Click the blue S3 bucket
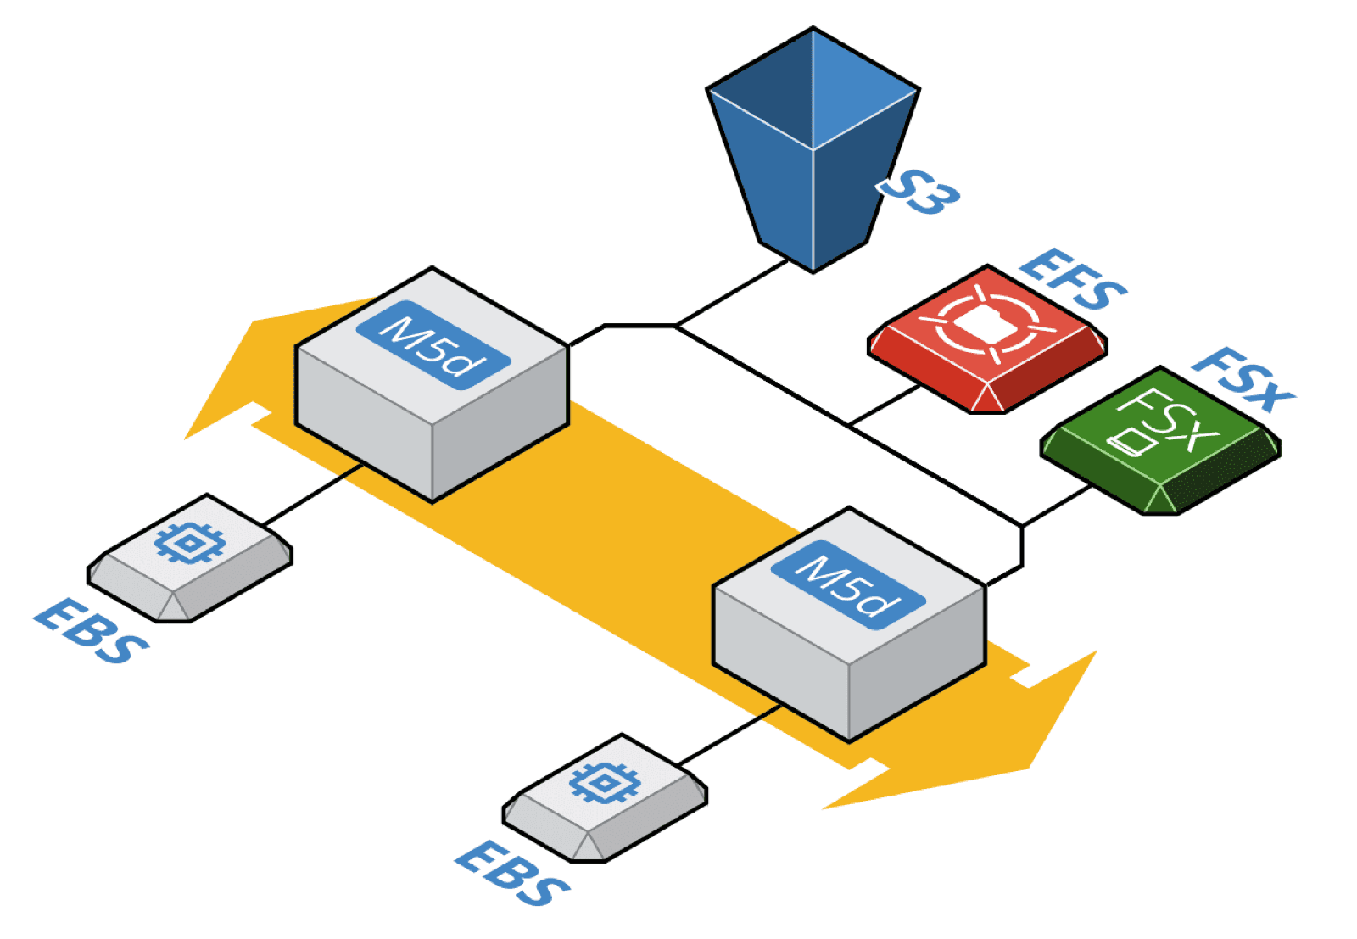point(812,153)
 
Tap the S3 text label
point(919,193)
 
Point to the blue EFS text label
point(1074,279)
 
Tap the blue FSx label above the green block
point(1243,379)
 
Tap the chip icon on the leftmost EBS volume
point(191,543)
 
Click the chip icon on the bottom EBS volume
point(604,783)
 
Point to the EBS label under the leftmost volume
point(92,631)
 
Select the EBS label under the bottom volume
point(512,874)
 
